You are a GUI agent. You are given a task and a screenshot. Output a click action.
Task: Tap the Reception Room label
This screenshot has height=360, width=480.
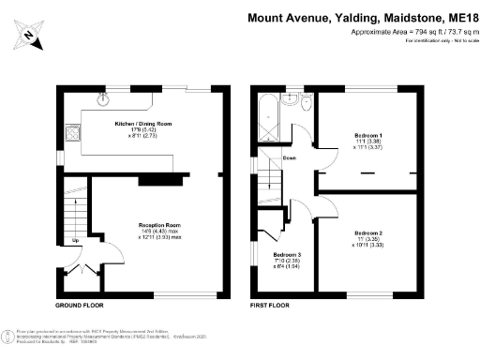tap(159, 226)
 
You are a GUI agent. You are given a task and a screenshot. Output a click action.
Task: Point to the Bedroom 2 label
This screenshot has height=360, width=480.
tap(367, 232)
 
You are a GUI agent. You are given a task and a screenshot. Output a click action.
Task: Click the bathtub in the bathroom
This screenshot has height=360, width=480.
tap(267, 117)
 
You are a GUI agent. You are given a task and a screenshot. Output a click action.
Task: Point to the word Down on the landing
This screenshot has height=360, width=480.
tap(290, 158)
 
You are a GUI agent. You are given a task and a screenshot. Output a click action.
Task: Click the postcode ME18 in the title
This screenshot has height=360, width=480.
tap(461, 18)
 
